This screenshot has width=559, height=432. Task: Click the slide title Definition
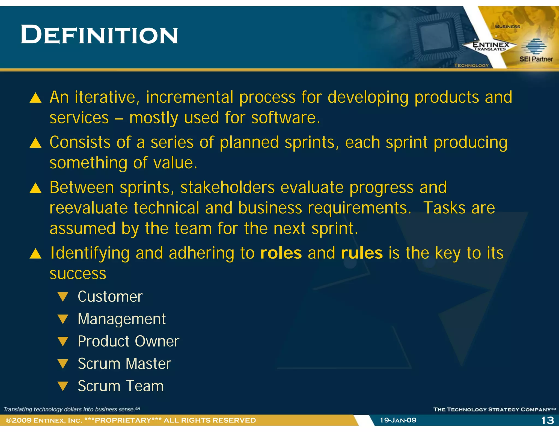[x=99, y=35]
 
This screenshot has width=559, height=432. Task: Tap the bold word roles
[x=281, y=253]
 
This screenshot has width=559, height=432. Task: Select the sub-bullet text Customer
[x=110, y=297]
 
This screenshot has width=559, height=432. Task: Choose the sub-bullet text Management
[x=121, y=319]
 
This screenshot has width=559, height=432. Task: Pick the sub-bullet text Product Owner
[x=128, y=341]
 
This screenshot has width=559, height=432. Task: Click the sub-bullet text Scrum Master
[x=124, y=364]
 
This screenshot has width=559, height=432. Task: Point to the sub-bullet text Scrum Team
[x=121, y=386]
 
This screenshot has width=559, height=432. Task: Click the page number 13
[x=548, y=420]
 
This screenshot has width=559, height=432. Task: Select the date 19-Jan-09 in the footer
[x=398, y=420]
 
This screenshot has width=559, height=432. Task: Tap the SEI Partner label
[x=536, y=59]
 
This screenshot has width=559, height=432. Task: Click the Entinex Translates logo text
[x=490, y=46]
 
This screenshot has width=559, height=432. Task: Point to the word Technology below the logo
[x=471, y=66]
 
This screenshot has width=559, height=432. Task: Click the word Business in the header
[x=507, y=26]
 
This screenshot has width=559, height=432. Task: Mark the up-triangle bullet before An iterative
[x=35, y=98]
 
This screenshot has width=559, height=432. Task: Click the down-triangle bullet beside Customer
[x=63, y=297]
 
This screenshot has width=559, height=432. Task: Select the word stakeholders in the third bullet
[x=227, y=188]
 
